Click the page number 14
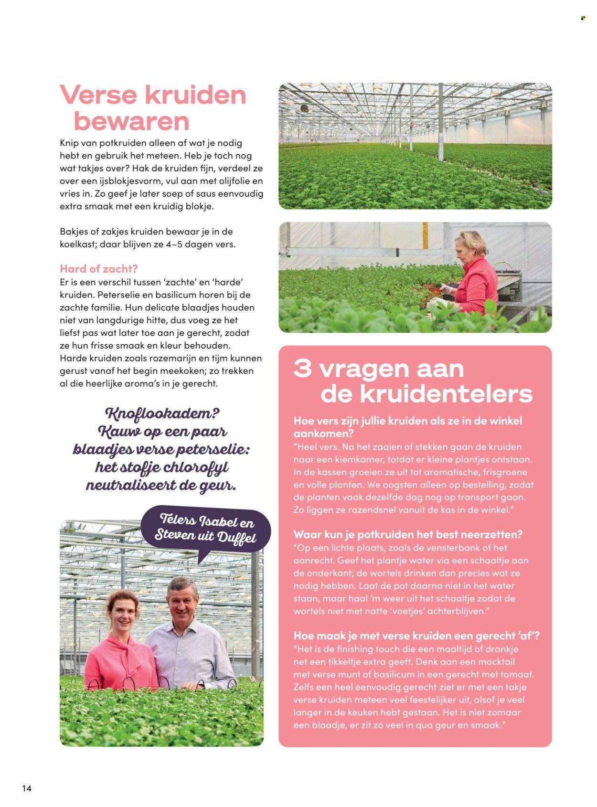27,788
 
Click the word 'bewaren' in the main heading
131,121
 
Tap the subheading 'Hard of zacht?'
99,269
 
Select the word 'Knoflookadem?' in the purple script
162,414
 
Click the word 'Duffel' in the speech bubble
237,537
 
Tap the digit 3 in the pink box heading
303,369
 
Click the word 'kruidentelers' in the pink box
426,394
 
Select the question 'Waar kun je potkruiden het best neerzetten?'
408,534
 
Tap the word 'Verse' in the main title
98,95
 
